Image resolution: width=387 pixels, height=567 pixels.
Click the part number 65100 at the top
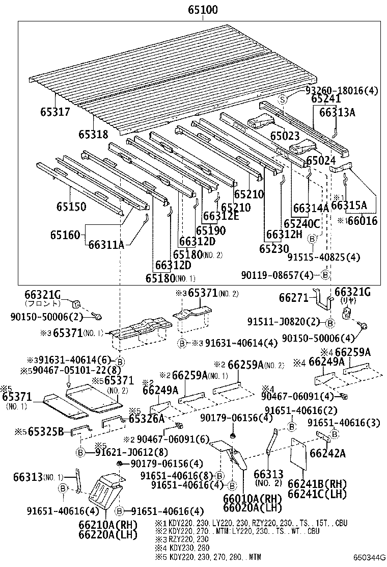point(202,10)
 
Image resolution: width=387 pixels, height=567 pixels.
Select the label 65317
point(56,112)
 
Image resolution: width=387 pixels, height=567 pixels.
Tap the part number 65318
point(93,134)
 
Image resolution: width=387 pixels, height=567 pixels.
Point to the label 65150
point(71,207)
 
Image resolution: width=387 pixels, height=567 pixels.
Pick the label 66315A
point(349,205)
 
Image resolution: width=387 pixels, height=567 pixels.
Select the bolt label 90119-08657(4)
point(281,275)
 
